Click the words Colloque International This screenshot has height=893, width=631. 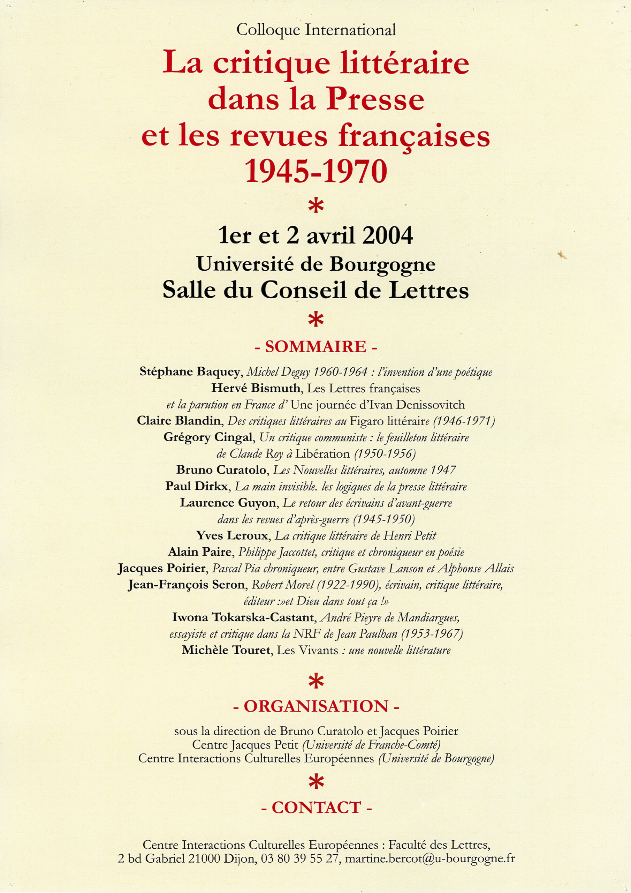click(316, 30)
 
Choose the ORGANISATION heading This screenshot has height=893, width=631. click(316, 706)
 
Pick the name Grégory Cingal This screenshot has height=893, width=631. click(208, 437)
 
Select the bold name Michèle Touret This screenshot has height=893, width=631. click(226, 650)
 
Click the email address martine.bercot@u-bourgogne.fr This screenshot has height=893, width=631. click(429, 858)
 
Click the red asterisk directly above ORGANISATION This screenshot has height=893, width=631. click(316, 681)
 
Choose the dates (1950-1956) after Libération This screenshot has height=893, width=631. click(385, 453)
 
